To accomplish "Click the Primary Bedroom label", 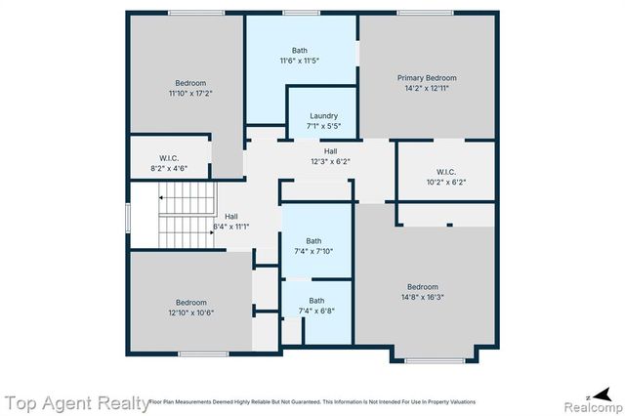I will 427,77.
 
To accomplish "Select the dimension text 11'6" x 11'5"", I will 300,61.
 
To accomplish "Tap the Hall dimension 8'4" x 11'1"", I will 231,227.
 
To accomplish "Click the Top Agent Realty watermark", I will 74,401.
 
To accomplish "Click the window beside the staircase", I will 128,217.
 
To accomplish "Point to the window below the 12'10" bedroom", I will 196,354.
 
